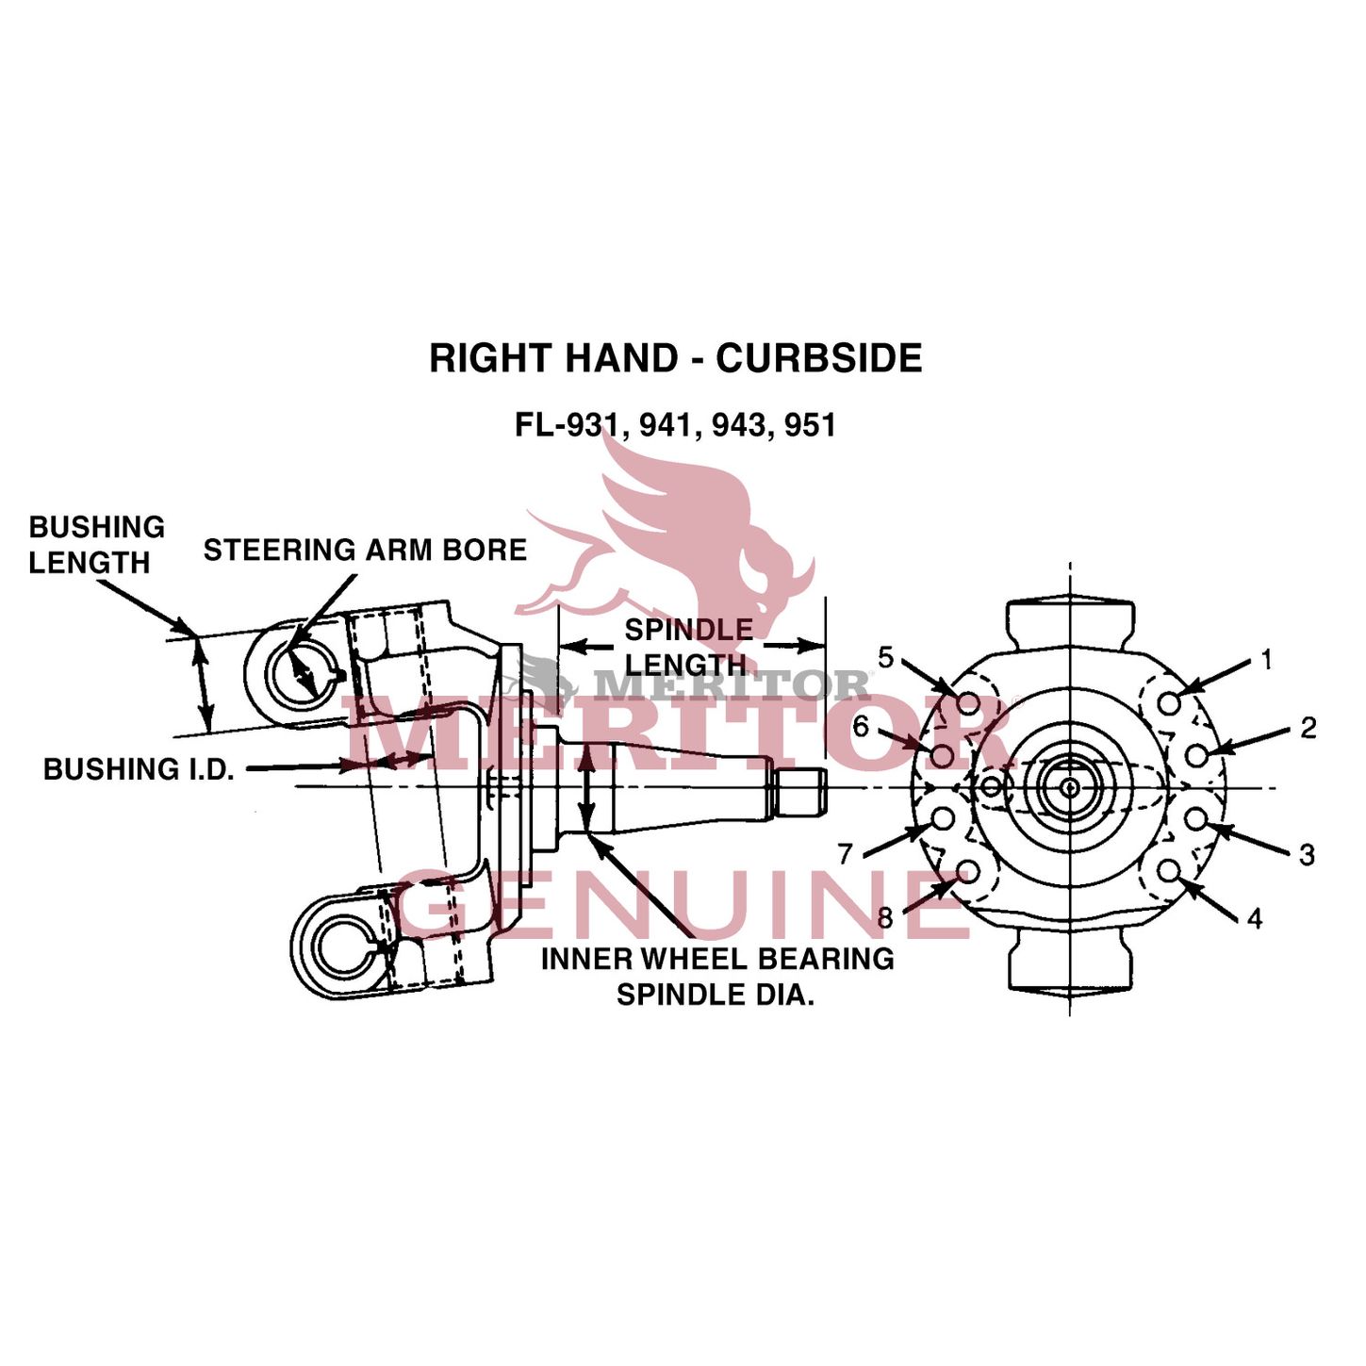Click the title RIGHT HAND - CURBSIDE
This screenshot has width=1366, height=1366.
pos(675,359)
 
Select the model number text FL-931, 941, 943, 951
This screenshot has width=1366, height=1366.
pos(675,425)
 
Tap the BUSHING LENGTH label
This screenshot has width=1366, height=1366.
pos(95,545)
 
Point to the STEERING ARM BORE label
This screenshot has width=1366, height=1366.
pos(365,551)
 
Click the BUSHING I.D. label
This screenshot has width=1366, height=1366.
pos(139,769)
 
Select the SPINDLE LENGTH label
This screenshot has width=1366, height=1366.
pos(688,647)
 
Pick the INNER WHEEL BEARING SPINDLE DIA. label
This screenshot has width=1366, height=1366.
pos(716,976)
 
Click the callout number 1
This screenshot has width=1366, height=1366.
pos(1266,660)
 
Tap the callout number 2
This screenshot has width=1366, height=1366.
pos(1308,728)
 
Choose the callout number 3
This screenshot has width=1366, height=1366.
pos(1307,855)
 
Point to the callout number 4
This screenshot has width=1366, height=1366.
pos(1254,918)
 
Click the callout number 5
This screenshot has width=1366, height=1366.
pos(885,657)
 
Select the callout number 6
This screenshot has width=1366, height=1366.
pos(861,727)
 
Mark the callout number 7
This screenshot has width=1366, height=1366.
pos(846,853)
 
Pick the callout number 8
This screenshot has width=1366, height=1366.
pos(884,917)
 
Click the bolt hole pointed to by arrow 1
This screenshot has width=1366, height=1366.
pos(1169,702)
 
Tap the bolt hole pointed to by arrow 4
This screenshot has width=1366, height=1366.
pos(1169,870)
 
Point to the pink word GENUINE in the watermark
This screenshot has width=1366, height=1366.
pos(683,905)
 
